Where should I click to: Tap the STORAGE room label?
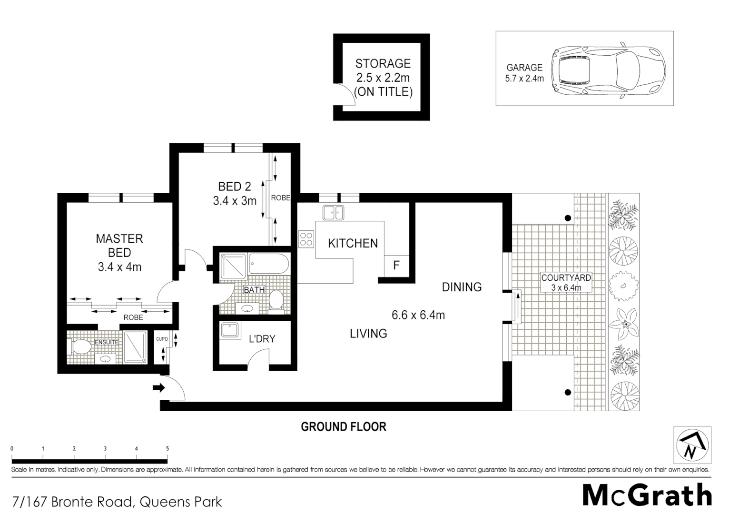pos(383,63)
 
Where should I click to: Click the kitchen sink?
pos(333,212)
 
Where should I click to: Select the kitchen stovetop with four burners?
pos(306,238)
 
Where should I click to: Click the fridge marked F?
pos(396,265)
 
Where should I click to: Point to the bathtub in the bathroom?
pos(268,264)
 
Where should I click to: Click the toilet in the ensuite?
pos(79,346)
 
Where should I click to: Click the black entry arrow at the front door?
pos(158,388)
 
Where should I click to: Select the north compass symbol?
pos(692,445)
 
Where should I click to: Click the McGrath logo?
pos(647,495)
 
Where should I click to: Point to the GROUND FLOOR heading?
pos(343,427)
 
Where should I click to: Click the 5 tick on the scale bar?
pos(167,449)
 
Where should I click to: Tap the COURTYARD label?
pos(566,277)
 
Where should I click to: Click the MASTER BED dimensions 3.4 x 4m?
pos(119,267)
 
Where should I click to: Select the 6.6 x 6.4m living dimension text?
pos(418,315)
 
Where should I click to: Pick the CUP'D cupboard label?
pos(162,339)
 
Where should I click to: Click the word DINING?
pos(462,287)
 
